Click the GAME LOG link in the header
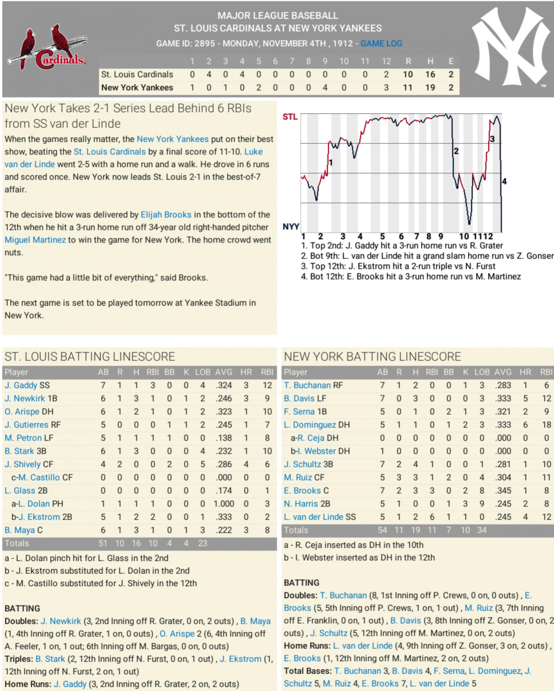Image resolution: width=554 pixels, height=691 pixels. (x=381, y=43)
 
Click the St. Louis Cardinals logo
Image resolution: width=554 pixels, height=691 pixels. (x=48, y=48)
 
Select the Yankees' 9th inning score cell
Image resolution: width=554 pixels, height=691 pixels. (x=325, y=88)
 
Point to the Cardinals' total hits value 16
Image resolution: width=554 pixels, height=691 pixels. (x=430, y=74)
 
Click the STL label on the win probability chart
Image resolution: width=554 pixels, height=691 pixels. (x=290, y=117)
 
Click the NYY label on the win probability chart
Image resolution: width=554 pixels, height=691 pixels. (x=291, y=227)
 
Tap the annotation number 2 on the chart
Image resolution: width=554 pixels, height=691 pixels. (x=456, y=151)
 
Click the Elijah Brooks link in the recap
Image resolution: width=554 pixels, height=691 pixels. (x=166, y=215)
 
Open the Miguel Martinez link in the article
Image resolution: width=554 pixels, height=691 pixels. (x=35, y=240)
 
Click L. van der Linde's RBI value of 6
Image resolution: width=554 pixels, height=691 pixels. (x=432, y=517)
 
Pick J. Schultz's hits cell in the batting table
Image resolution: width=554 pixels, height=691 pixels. (x=415, y=464)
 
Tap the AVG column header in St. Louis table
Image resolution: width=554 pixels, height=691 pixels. (x=223, y=372)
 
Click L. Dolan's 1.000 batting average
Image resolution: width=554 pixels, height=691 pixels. (x=224, y=503)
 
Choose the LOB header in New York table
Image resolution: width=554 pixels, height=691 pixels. (x=482, y=372)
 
